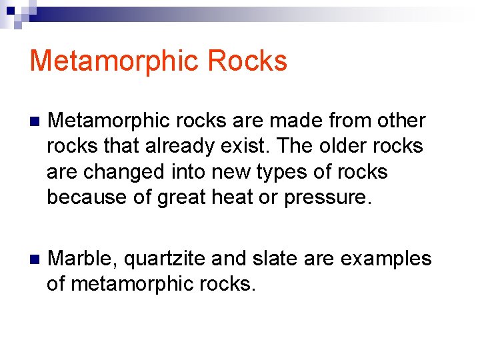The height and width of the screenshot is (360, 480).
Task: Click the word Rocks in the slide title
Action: click(247, 61)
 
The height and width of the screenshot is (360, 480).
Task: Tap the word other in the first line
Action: click(400, 121)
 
